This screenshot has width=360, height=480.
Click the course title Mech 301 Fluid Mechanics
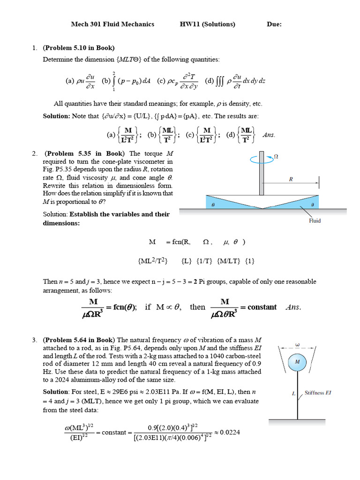[x=112, y=24]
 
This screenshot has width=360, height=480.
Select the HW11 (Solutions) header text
[x=207, y=24]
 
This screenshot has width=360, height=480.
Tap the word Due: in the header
[x=274, y=24]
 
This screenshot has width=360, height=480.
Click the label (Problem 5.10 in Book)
[x=78, y=48]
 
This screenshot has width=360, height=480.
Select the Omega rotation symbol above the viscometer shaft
[x=276, y=157]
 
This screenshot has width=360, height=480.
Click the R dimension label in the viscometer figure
[x=291, y=179]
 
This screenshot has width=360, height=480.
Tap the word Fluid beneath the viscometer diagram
[x=315, y=221]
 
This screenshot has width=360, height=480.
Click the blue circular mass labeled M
[x=297, y=361]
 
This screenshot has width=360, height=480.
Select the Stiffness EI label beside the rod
[x=318, y=393]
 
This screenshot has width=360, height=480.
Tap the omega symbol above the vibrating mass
[x=297, y=345]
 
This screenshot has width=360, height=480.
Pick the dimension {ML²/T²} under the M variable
[x=153, y=261]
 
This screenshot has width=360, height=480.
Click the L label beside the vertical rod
[x=293, y=394]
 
